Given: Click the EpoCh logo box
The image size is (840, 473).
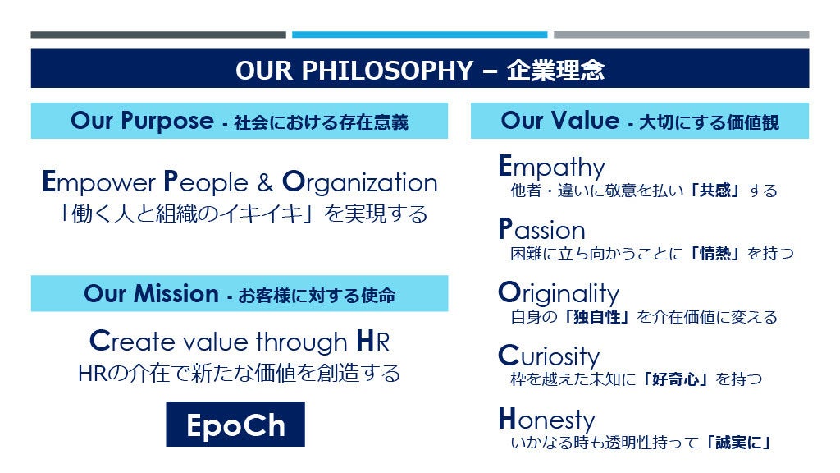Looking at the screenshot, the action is pyautogui.click(x=235, y=424).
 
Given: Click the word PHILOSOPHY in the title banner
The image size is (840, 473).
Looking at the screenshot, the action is pyautogui.click(x=387, y=71).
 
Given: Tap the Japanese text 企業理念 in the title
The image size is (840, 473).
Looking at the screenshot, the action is pyautogui.click(x=555, y=71).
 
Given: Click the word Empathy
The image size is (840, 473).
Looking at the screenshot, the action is pyautogui.click(x=552, y=167).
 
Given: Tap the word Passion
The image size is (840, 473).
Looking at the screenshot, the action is pyautogui.click(x=541, y=230).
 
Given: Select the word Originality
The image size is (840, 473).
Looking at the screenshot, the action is pyautogui.click(x=559, y=293).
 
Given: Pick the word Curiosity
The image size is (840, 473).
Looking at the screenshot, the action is pyautogui.click(x=549, y=356).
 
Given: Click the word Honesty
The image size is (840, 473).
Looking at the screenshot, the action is pyautogui.click(x=547, y=420).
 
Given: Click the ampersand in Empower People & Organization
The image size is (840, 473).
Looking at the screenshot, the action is pyautogui.click(x=265, y=182).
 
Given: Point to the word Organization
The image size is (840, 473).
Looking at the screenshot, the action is pyautogui.click(x=360, y=183).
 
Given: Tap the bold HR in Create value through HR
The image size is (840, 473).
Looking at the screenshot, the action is pyautogui.click(x=373, y=341).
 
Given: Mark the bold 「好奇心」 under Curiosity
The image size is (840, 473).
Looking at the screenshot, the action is pyautogui.click(x=676, y=379).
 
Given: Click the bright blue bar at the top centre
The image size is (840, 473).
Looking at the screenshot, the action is pyautogui.click(x=419, y=34).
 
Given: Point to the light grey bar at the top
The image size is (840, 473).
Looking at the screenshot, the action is pyautogui.click(x=682, y=34).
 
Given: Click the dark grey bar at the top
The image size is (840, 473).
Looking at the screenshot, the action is pyautogui.click(x=158, y=34).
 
